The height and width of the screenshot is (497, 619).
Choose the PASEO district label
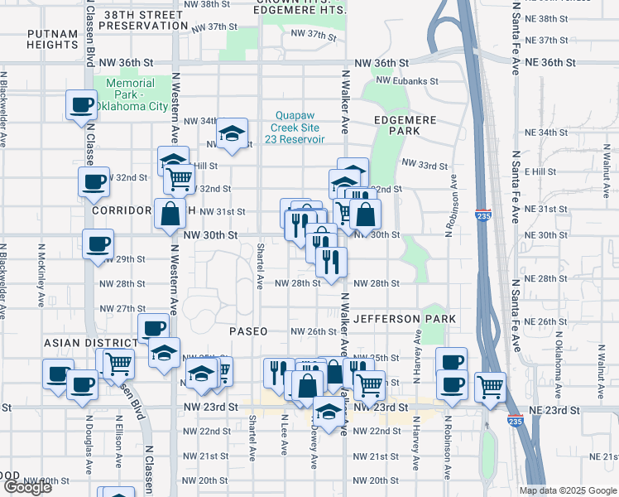click(247, 331)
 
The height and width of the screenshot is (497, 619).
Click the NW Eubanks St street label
click(405, 80)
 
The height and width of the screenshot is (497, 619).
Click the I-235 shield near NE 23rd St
click(513, 422)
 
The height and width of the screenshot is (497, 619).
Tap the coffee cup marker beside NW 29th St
click(98, 244)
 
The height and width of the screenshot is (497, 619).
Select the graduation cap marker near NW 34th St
click(233, 133)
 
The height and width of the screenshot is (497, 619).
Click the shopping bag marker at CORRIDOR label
click(170, 214)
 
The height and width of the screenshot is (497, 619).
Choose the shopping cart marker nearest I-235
click(491, 385)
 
